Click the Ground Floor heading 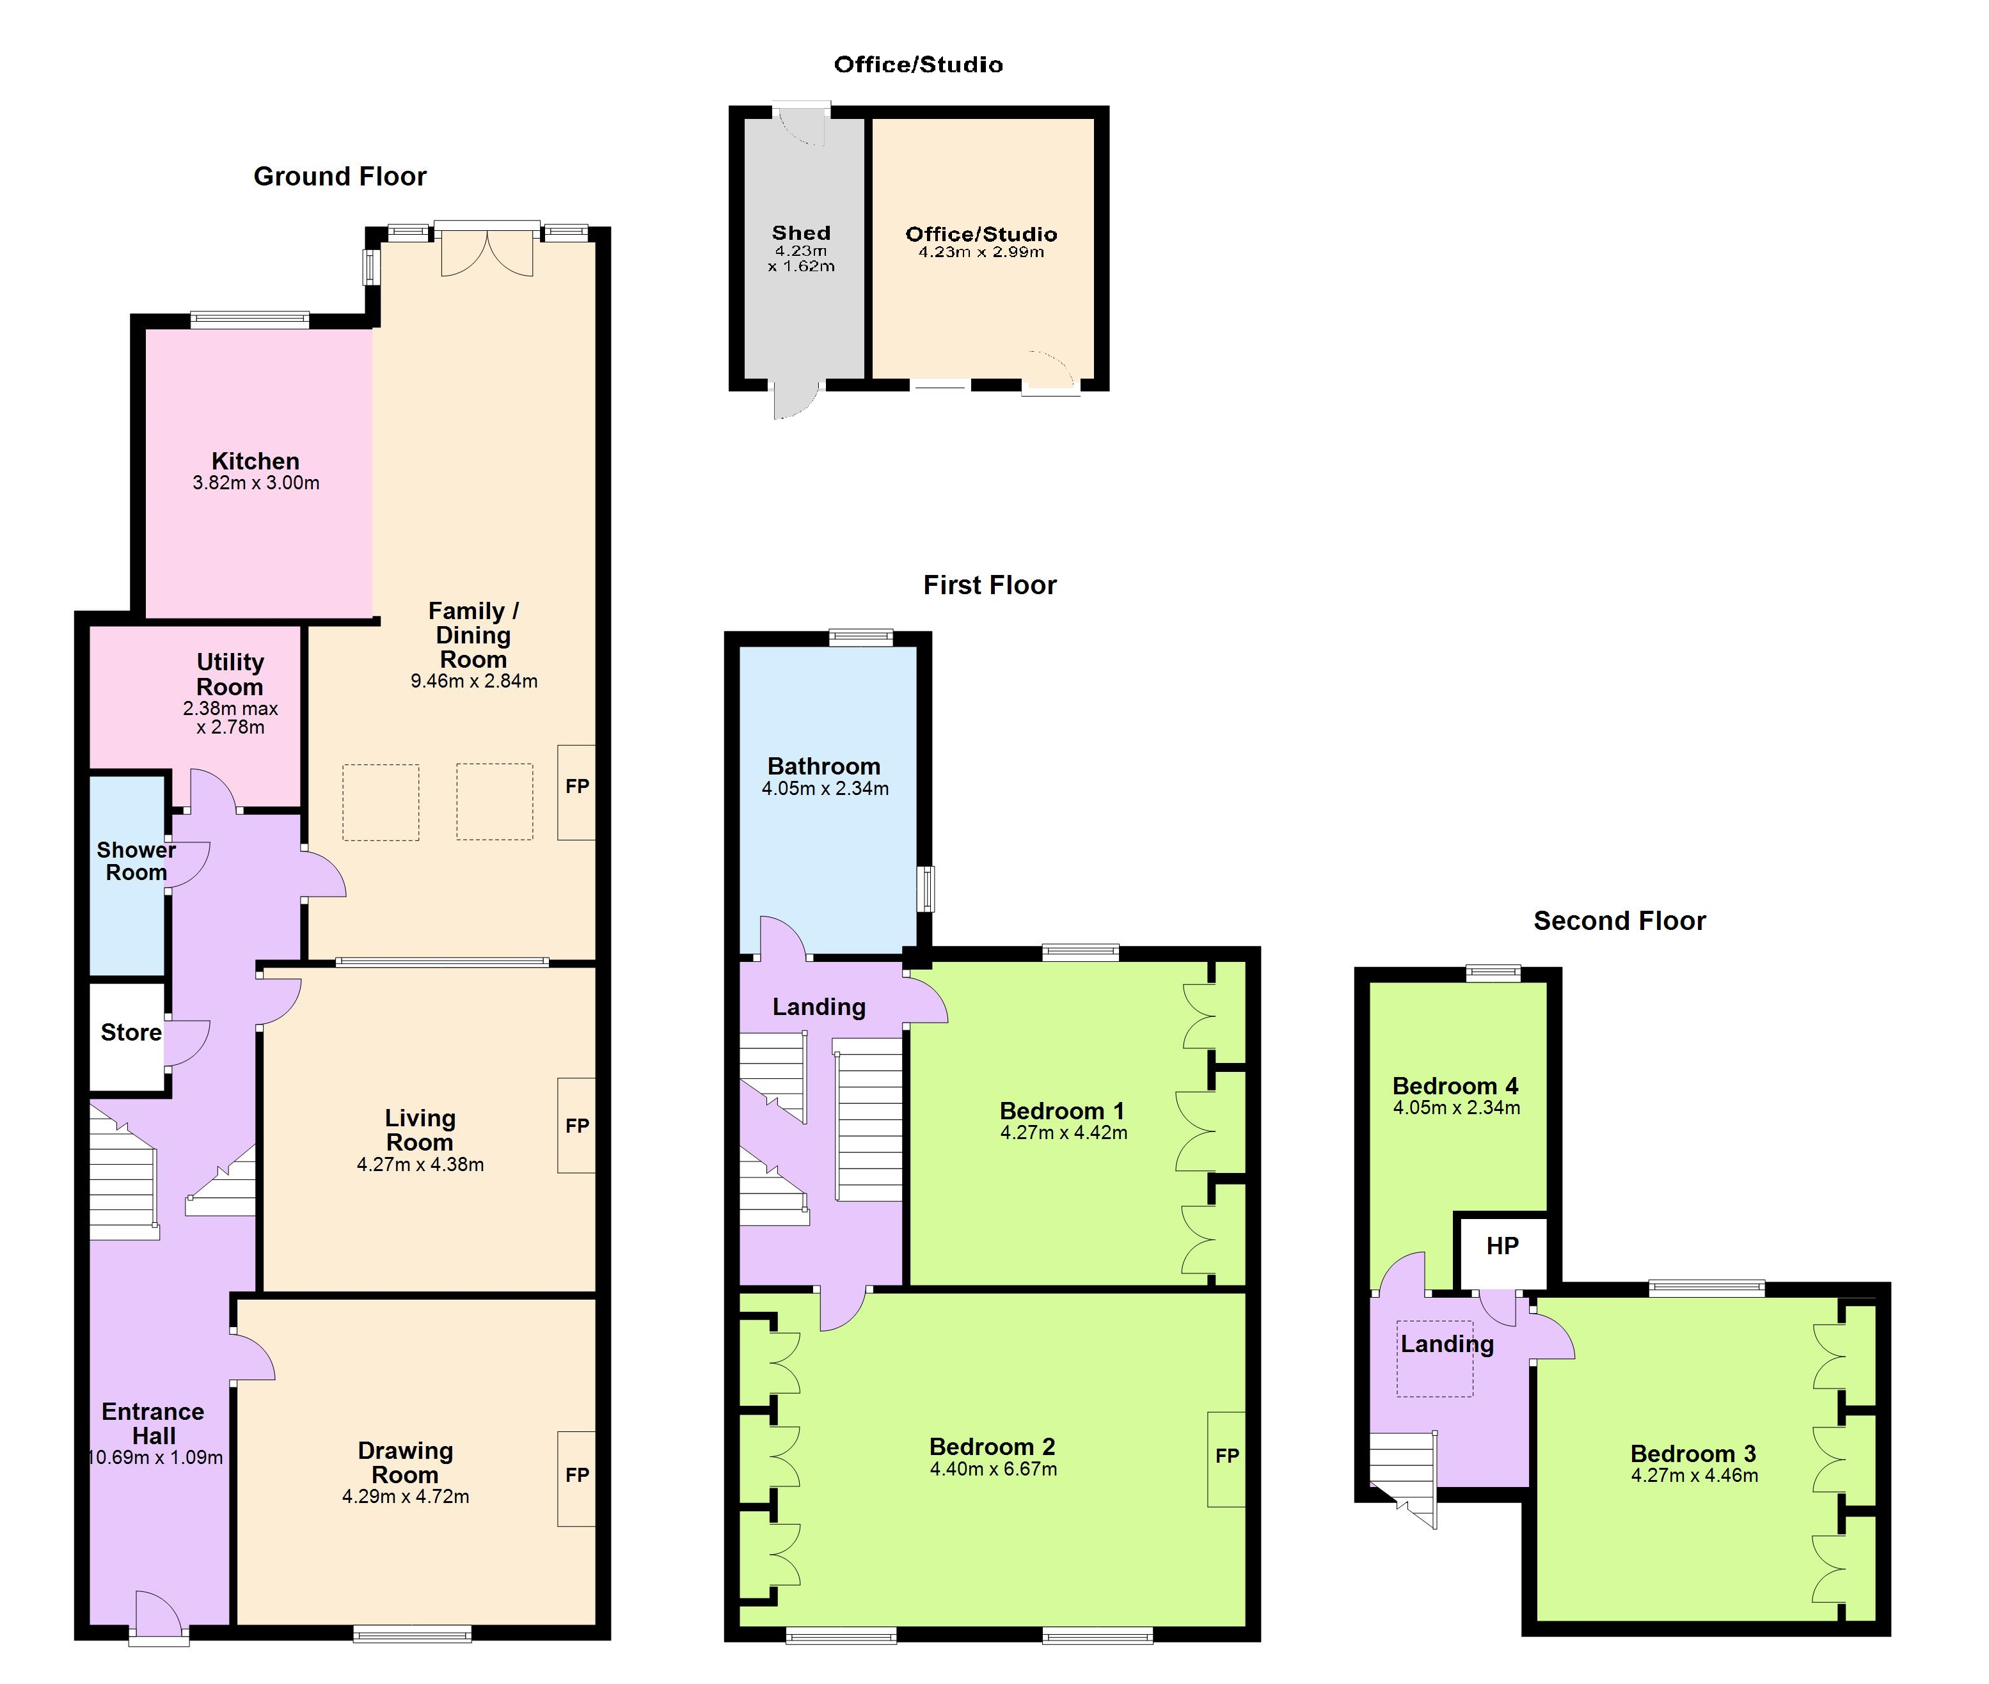point(340,177)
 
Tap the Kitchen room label point(255,461)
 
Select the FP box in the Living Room point(577,1126)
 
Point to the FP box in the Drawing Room point(577,1475)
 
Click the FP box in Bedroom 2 point(1227,1456)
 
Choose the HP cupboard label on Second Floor point(1502,1246)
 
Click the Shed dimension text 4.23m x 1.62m point(801,259)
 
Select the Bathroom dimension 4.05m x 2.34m point(825,789)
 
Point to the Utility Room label point(230,674)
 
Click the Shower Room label point(136,861)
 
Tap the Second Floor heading point(1619,921)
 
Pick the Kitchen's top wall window point(250,320)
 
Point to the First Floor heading point(990,585)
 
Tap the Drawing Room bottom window point(413,1633)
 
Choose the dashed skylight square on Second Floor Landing point(1434,1358)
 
